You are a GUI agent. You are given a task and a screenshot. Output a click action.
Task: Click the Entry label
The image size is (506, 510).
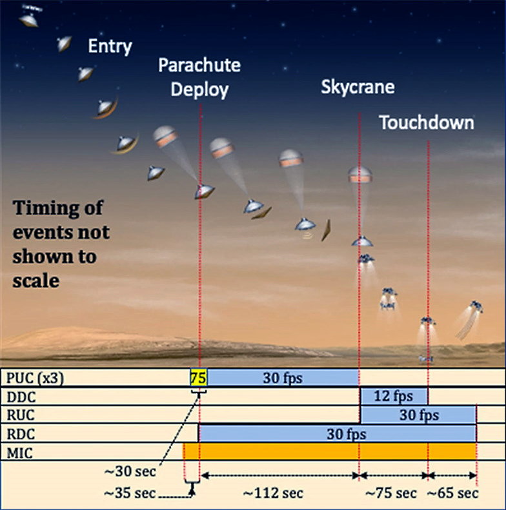click(x=110, y=46)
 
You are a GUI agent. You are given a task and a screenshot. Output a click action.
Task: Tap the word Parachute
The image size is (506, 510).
click(x=199, y=65)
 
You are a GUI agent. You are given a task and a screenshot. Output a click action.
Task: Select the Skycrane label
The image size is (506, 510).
click(x=358, y=87)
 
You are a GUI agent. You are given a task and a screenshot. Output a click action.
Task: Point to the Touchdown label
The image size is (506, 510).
click(x=427, y=123)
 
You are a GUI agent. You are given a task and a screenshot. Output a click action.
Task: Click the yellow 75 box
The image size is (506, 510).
click(x=198, y=378)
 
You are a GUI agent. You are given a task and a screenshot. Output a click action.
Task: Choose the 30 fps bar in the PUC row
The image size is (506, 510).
click(x=283, y=378)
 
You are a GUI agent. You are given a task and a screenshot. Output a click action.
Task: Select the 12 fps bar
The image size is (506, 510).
click(x=394, y=396)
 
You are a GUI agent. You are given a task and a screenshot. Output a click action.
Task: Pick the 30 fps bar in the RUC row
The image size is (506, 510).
click(x=419, y=415)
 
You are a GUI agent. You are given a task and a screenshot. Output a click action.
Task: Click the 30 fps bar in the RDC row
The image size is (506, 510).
click(x=338, y=433)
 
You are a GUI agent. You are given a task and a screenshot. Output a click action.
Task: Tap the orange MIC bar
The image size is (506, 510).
click(x=330, y=451)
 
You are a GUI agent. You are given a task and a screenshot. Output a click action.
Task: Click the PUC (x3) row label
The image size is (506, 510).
click(x=35, y=378)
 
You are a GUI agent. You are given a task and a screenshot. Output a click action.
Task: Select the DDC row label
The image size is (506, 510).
click(x=21, y=397)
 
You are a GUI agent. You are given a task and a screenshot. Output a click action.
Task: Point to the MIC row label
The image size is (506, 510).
click(x=19, y=453)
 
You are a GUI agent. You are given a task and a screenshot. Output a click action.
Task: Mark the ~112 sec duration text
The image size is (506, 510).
click(x=273, y=493)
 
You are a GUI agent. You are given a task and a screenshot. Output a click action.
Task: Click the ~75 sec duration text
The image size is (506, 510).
click(x=390, y=493)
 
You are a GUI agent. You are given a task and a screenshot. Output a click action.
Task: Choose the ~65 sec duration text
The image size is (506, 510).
click(x=452, y=493)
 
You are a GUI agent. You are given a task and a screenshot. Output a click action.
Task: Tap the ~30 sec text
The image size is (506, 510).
click(x=130, y=471)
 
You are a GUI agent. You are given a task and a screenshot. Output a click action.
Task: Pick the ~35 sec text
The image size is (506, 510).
click(x=130, y=493)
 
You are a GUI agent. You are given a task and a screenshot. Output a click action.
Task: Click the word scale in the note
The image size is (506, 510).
click(x=35, y=280)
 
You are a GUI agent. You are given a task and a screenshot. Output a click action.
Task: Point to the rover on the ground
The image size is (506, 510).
click(x=426, y=358)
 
